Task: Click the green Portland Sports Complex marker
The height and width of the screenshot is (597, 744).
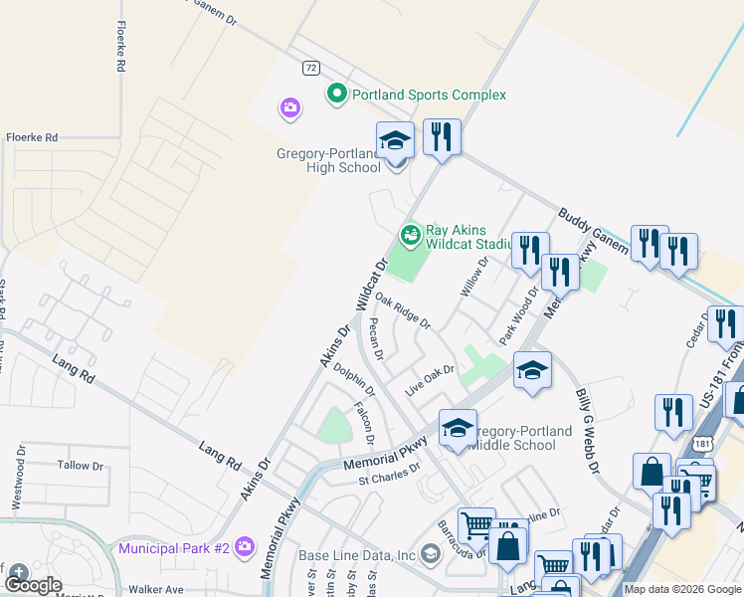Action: (x=336, y=95)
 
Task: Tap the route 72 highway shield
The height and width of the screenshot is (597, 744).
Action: (x=311, y=67)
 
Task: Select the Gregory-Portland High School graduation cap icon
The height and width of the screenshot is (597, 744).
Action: (x=395, y=141)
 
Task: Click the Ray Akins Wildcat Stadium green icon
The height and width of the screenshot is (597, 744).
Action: (x=409, y=235)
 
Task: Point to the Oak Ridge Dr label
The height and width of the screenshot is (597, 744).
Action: (x=404, y=315)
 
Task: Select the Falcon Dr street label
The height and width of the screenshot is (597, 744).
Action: (x=364, y=423)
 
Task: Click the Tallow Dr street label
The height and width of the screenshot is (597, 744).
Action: (x=81, y=466)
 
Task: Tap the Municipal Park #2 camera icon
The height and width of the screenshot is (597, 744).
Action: (x=245, y=546)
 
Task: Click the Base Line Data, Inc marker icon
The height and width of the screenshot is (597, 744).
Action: (x=430, y=553)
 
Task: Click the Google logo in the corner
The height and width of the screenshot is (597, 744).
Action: (x=34, y=585)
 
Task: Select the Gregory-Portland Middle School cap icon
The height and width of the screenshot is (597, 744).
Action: (x=458, y=429)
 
